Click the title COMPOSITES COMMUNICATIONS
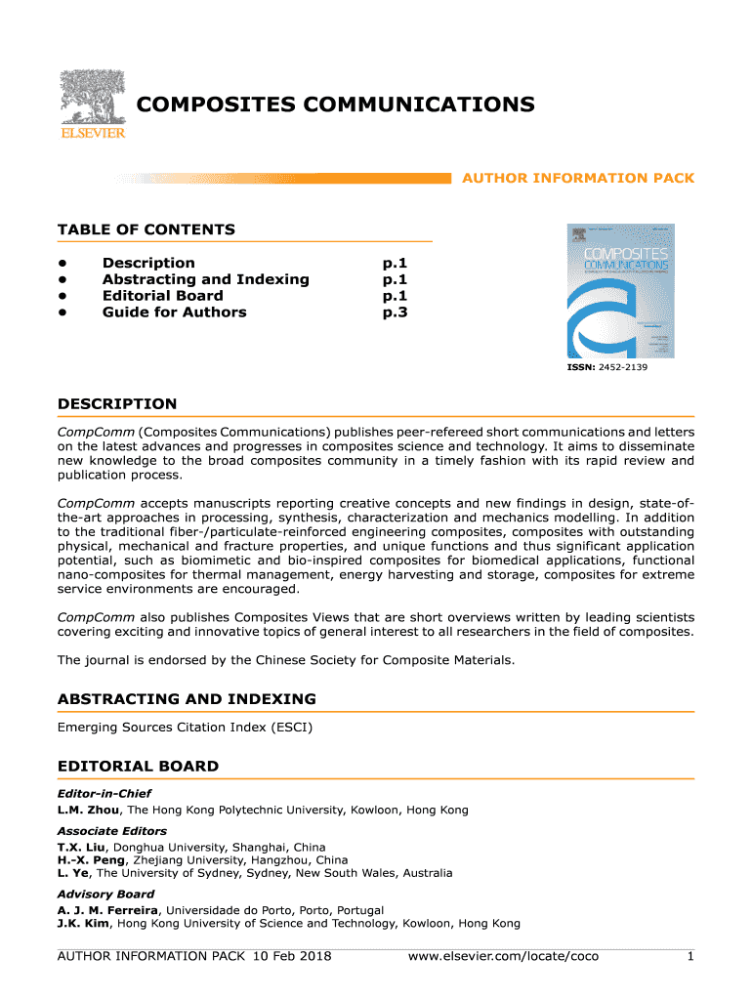point(334,104)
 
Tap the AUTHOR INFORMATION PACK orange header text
point(577,179)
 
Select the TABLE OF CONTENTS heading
point(146,230)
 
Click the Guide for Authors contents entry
point(174,312)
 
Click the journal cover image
point(619,291)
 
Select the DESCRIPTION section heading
point(117,404)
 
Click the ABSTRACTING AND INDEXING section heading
point(187,699)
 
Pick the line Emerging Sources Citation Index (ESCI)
point(185,728)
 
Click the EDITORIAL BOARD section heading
point(138,767)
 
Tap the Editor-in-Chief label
point(104,794)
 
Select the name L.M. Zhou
point(88,811)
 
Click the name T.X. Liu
point(82,848)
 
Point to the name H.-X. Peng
point(88,860)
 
